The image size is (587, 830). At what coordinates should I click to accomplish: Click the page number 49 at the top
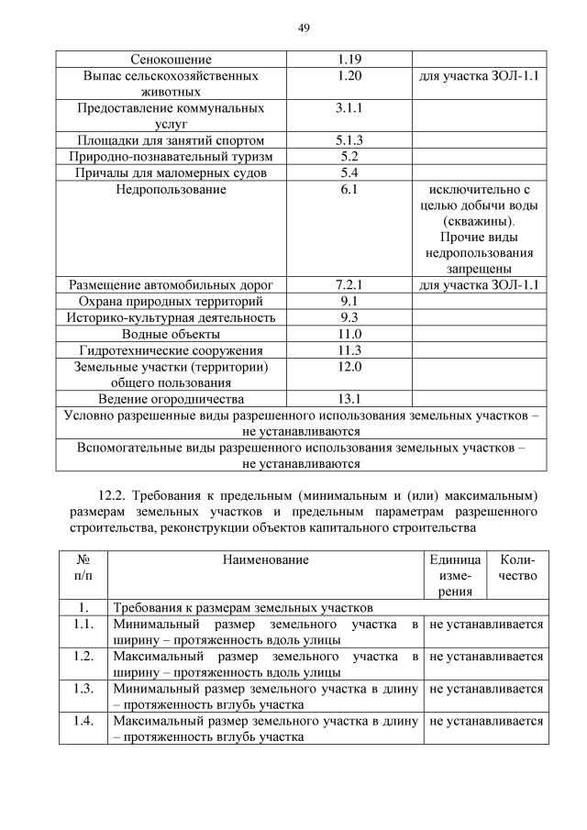[x=304, y=28]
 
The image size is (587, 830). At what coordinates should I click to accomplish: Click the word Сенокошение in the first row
[x=171, y=59]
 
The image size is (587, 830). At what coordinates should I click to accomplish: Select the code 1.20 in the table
[x=349, y=76]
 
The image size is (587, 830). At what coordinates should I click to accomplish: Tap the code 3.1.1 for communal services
[x=349, y=108]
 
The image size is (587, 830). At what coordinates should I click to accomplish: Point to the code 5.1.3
[x=349, y=140]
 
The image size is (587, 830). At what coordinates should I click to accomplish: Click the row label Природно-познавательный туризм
[x=171, y=157]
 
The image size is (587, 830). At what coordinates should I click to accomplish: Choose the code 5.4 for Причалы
[x=349, y=173]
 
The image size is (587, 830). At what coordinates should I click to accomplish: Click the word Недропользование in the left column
[x=171, y=190]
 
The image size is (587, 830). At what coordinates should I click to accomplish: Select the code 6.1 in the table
[x=349, y=190]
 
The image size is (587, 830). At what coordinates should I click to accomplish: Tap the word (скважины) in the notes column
[x=477, y=222]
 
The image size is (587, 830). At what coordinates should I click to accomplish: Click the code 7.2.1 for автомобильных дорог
[x=349, y=285]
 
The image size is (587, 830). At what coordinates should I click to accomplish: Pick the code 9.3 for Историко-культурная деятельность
[x=349, y=317]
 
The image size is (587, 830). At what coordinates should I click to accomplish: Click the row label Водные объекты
[x=171, y=334]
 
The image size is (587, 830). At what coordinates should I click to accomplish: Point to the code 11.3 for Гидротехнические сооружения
[x=349, y=350]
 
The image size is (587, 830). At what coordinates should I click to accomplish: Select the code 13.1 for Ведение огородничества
[x=349, y=399]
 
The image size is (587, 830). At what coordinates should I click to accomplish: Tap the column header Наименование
[x=264, y=559]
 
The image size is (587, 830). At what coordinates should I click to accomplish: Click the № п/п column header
[x=83, y=568]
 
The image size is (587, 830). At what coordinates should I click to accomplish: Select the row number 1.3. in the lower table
[x=83, y=689]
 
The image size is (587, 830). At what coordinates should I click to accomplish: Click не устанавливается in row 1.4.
[x=485, y=721]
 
